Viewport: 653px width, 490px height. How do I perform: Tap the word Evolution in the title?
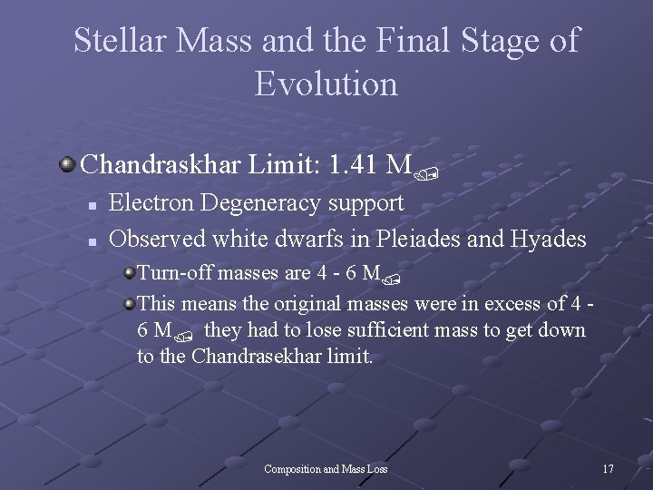[x=326, y=83]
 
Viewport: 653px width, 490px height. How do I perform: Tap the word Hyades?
[x=551, y=240]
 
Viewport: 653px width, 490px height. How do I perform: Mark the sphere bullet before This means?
[x=130, y=301]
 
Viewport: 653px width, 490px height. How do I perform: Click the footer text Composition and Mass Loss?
[x=326, y=469]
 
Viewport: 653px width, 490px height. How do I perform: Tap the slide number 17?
[x=608, y=469]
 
